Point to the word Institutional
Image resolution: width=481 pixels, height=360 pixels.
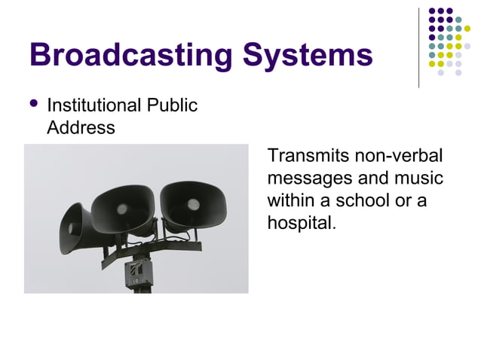pos(94,105)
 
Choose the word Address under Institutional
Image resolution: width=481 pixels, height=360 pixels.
pos(81,127)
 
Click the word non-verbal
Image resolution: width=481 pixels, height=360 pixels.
pos(399,157)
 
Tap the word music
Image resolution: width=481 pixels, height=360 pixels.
pos(418,179)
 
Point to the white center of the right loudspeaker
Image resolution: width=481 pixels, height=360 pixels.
pos(193,203)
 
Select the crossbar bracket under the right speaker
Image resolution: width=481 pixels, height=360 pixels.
pos(181,246)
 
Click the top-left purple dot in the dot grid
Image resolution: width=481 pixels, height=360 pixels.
pos(433,11)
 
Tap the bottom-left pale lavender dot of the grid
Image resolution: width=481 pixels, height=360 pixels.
pos(442,73)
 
